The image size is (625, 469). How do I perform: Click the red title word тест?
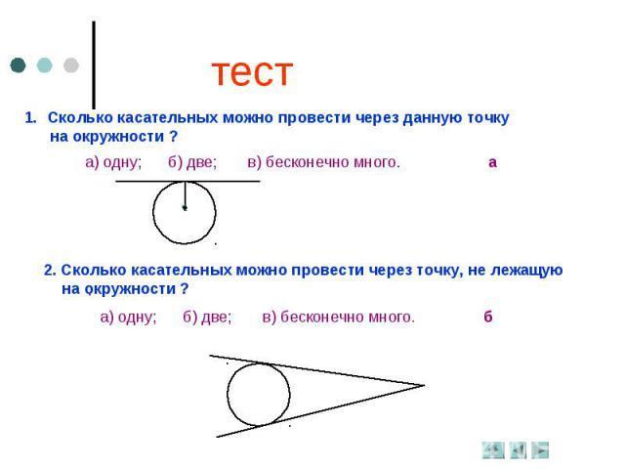pyautogui.click(x=252, y=72)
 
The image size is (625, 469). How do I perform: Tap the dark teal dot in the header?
pyautogui.click(x=18, y=65)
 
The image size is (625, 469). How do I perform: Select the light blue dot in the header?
pyautogui.click(x=44, y=65)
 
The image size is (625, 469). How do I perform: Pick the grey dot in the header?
pyautogui.click(x=71, y=65)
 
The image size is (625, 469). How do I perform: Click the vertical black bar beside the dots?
pyautogui.click(x=94, y=65)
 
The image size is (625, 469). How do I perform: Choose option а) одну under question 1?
pyautogui.click(x=113, y=162)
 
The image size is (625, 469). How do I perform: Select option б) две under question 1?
pyautogui.click(x=192, y=162)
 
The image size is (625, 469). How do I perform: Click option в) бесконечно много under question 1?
pyautogui.click(x=323, y=162)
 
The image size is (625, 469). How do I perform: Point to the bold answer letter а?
pyautogui.click(x=492, y=163)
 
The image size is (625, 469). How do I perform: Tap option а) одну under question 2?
pyautogui.click(x=128, y=317)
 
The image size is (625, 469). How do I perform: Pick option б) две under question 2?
pyautogui.click(x=207, y=317)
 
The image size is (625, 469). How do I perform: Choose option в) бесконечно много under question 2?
pyautogui.click(x=339, y=317)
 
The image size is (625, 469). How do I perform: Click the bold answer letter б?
pyautogui.click(x=488, y=317)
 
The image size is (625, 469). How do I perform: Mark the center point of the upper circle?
pyautogui.click(x=185, y=208)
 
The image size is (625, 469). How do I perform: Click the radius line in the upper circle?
pyautogui.click(x=185, y=194)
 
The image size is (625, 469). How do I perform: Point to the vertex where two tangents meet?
pyautogui.click(x=424, y=385)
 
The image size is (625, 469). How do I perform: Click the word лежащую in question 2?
pyautogui.click(x=526, y=271)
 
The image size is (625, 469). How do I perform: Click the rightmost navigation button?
pyautogui.click(x=540, y=450)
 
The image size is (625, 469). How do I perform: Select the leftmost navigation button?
pyautogui.click(x=493, y=450)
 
